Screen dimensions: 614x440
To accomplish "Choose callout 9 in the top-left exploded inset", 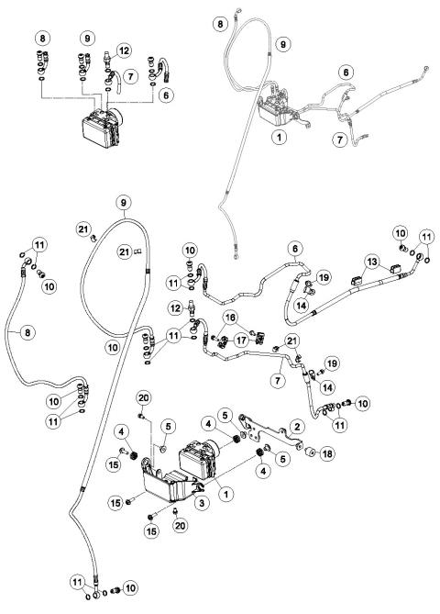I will coord(88,38).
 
